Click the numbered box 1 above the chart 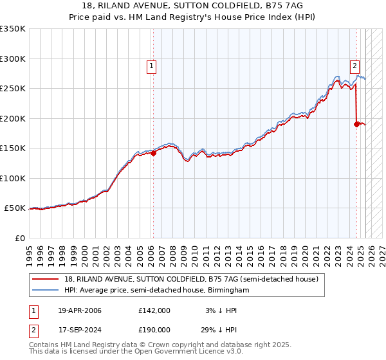(x=151, y=64)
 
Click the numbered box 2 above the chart (x=354, y=64)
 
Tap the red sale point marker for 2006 (x=153, y=153)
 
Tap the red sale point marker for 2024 (x=356, y=124)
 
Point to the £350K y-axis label (x=13, y=29)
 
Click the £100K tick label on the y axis (x=13, y=178)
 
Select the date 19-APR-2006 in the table (x=80, y=310)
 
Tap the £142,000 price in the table (x=154, y=310)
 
